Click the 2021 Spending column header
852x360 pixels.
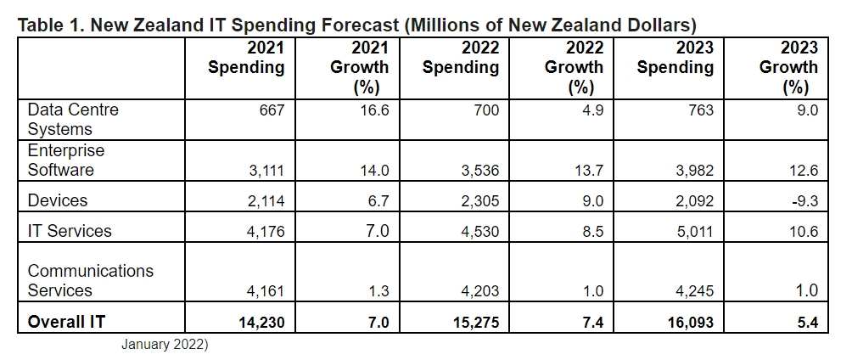pyautogui.click(x=246, y=57)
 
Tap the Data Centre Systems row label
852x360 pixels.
pyautogui.click(x=73, y=120)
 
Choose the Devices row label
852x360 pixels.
pyautogui.click(x=57, y=201)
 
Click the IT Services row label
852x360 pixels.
pyautogui.click(x=70, y=231)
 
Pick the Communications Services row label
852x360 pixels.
pyautogui.click(x=91, y=280)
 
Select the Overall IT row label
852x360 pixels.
pyautogui.click(x=67, y=322)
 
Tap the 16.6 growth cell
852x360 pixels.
pyautogui.click(x=374, y=110)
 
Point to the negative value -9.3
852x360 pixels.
pyautogui.click(x=801, y=201)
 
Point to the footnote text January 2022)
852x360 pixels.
pyautogui.click(x=164, y=345)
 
